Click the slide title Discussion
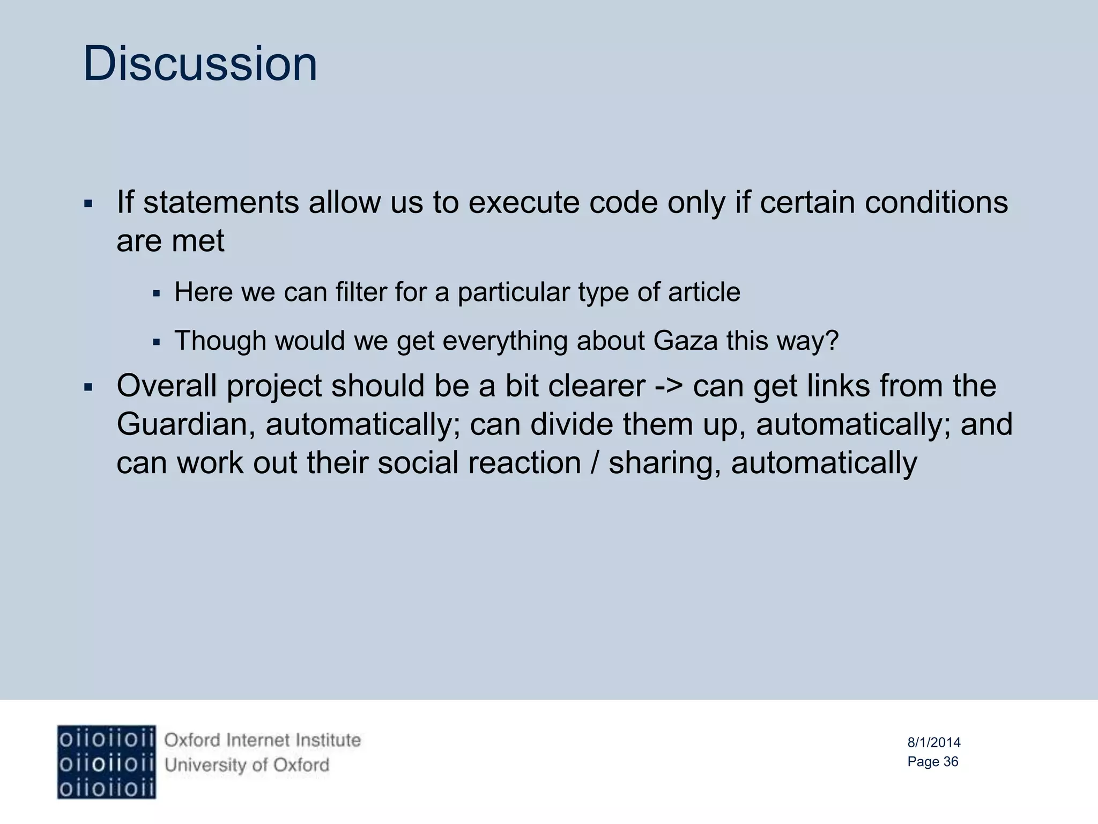pyautogui.click(x=200, y=64)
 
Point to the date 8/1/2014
pyautogui.click(x=933, y=742)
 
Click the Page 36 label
pyautogui.click(x=932, y=762)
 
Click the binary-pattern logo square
pyautogui.click(x=106, y=762)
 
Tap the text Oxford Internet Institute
pyautogui.click(x=262, y=740)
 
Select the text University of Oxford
pyautogui.click(x=247, y=765)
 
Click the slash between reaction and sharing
pyautogui.click(x=595, y=463)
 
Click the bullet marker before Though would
pyautogui.click(x=157, y=342)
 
